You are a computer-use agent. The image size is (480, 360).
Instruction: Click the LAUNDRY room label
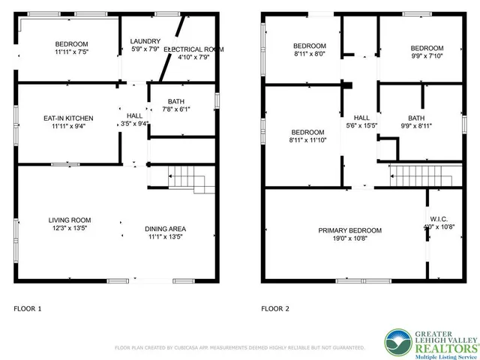tap(143, 41)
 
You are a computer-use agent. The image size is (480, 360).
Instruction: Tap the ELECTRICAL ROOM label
tap(194, 49)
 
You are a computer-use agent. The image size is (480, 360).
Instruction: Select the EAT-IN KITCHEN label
tap(68, 118)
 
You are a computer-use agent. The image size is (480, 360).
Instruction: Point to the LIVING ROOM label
tap(69, 220)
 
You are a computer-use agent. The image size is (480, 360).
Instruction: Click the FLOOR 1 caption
tap(28, 308)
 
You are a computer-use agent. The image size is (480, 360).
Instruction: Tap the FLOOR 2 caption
tap(274, 308)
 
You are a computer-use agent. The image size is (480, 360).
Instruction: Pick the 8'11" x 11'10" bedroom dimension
tap(308, 140)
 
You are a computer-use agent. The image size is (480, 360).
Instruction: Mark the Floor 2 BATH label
tap(415, 118)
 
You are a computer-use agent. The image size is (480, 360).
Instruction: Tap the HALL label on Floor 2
tap(361, 118)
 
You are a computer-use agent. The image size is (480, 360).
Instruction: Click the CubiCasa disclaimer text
tap(239, 348)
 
